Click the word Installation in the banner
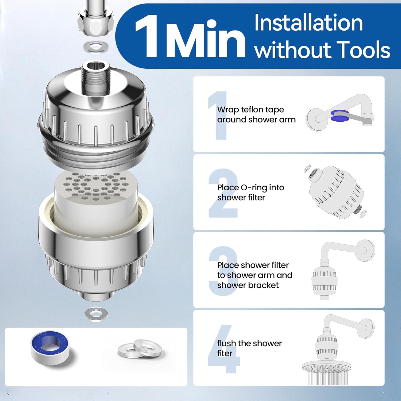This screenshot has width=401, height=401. [x=308, y=23]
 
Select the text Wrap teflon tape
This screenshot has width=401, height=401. [x=250, y=110]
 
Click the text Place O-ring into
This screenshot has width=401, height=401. [x=250, y=188]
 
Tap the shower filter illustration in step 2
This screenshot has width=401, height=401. [x=336, y=192]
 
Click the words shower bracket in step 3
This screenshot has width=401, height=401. [x=248, y=285]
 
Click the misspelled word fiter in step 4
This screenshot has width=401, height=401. [x=225, y=353]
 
